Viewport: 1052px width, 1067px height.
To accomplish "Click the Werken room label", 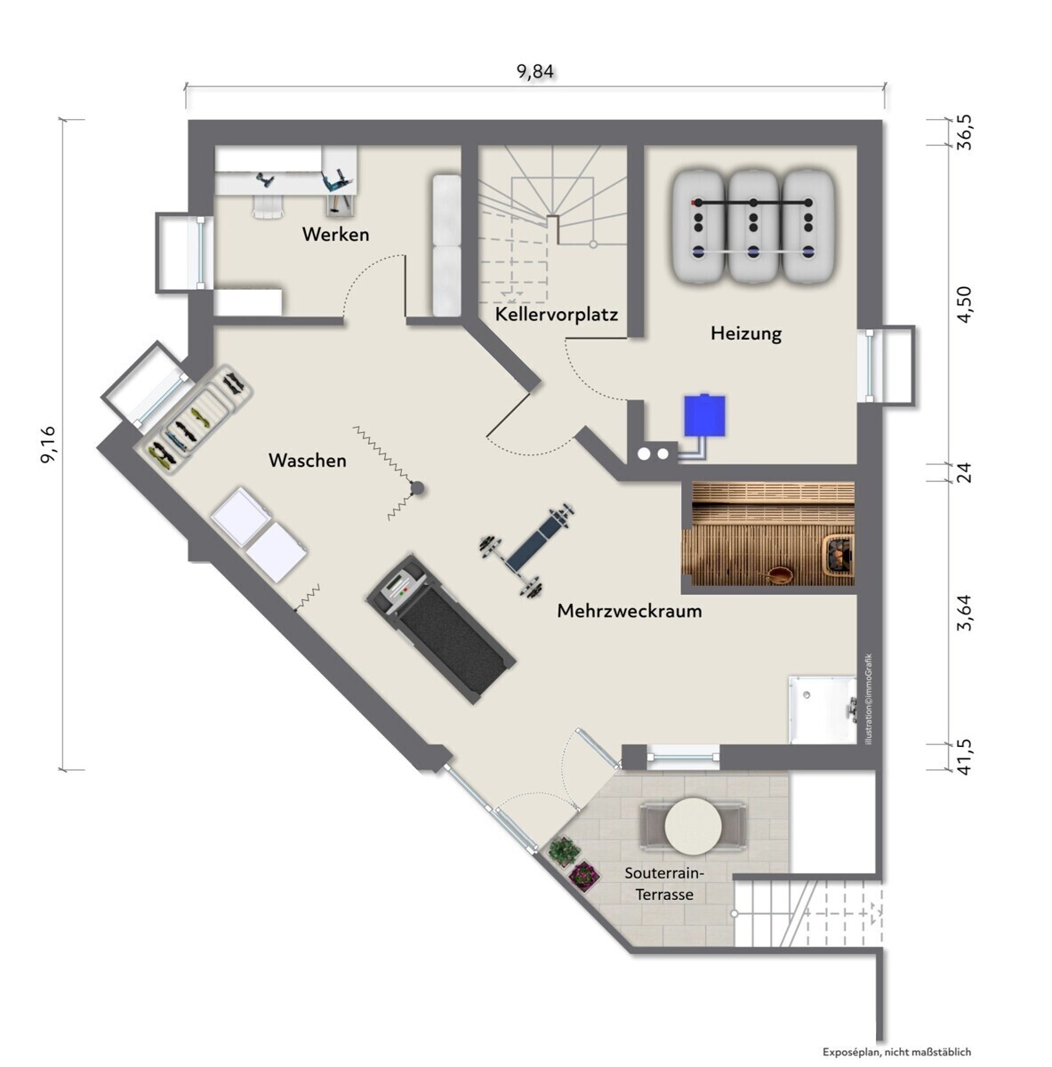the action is pos(336,234).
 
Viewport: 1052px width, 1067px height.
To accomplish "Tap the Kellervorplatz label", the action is pos(556,315).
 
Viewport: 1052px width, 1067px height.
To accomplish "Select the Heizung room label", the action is pos(746,333).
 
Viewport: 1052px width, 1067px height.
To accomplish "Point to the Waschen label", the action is pos(308,460).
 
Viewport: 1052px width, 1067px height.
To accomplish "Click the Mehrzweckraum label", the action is pos(630,611).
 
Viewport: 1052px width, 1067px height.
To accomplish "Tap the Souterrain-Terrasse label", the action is pos(664,883).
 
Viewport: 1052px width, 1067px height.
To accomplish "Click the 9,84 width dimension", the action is pos(535,72).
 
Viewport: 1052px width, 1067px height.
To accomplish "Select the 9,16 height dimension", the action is pos(48,444).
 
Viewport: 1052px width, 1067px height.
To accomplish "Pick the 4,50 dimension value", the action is pos(965,305).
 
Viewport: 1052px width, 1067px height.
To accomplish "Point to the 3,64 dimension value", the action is pos(965,613).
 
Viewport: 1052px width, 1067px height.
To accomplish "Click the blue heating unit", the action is pos(704,414).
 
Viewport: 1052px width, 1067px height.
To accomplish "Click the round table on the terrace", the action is pos(693,826).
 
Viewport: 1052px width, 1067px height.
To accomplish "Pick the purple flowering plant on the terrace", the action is pos(584,875).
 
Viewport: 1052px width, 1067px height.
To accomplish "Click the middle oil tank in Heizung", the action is pos(753,226).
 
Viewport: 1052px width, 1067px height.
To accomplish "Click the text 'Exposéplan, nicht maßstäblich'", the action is pos(896,1052).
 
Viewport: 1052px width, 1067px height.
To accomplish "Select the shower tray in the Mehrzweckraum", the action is pos(823,710).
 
